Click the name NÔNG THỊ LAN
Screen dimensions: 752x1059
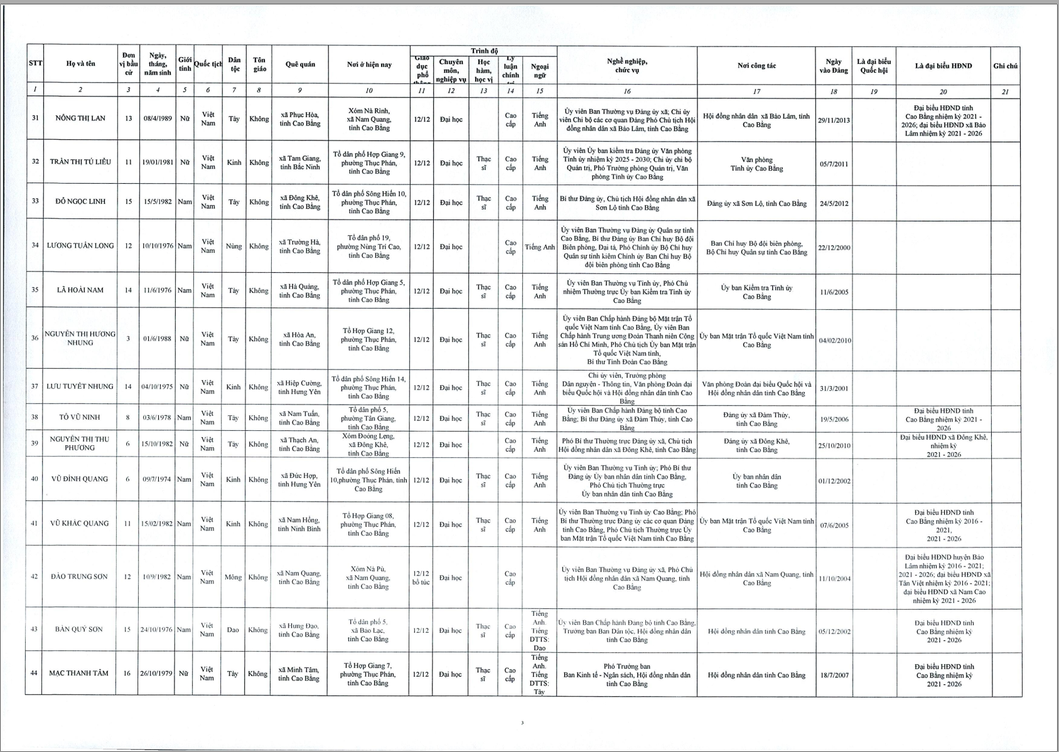click(x=80, y=119)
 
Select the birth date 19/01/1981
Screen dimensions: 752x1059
click(x=157, y=162)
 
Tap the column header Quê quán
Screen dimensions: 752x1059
click(x=300, y=65)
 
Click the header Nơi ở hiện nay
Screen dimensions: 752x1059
click(x=369, y=65)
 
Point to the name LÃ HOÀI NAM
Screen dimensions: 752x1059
click(x=80, y=290)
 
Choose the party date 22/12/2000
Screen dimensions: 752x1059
click(x=834, y=248)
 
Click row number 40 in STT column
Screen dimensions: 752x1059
click(x=35, y=479)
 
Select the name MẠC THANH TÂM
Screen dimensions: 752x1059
click(x=79, y=674)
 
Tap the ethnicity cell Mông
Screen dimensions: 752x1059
click(x=233, y=577)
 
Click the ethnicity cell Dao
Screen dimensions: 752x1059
click(x=233, y=630)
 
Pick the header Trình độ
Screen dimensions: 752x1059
click(x=484, y=51)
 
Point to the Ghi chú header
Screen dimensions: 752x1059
click(x=1005, y=66)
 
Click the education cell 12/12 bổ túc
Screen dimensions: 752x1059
click(x=421, y=578)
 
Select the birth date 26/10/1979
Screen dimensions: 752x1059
click(x=156, y=674)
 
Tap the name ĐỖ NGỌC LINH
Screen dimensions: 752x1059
click(x=80, y=201)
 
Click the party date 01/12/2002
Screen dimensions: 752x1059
click(x=834, y=482)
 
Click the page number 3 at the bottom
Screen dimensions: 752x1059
click(x=522, y=723)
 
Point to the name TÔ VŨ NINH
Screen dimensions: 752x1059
click(x=80, y=418)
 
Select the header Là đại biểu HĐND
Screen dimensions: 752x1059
click(x=943, y=66)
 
